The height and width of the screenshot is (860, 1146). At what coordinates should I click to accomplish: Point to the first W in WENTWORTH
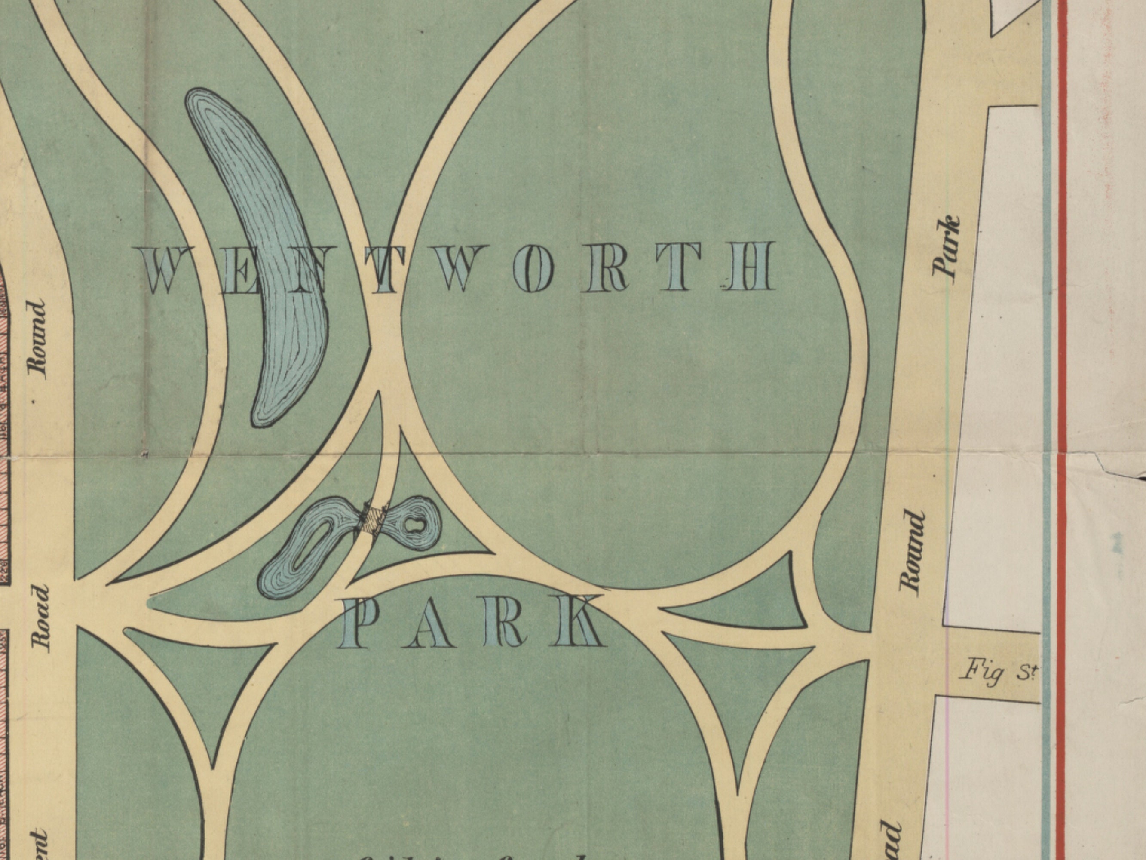[x=164, y=270]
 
